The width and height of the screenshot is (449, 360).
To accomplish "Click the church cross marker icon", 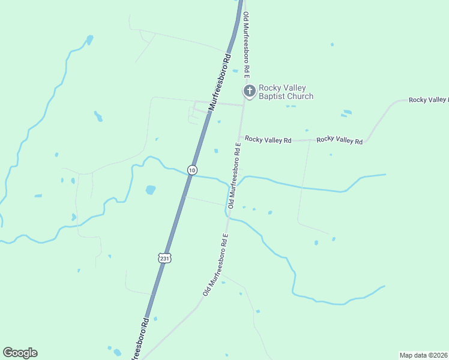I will [x=249, y=91].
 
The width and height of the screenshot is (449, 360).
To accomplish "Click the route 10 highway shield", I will [x=191, y=170].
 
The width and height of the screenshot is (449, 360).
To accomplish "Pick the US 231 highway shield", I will [x=165, y=257].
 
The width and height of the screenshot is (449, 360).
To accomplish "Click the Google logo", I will [x=20, y=353].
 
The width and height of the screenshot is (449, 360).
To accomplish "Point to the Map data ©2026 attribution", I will [x=423, y=355].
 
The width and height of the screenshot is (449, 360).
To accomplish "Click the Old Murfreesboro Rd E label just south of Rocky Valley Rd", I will [x=234, y=174].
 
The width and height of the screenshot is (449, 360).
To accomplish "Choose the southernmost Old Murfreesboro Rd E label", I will [x=215, y=265].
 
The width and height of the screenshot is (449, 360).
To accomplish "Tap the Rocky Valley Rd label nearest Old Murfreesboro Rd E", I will [x=268, y=140].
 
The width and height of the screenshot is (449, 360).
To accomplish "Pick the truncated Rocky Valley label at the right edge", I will [x=428, y=99].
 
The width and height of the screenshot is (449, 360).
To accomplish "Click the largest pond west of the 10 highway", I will [x=150, y=190].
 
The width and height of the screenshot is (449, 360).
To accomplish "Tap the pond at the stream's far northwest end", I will [x=90, y=40].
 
